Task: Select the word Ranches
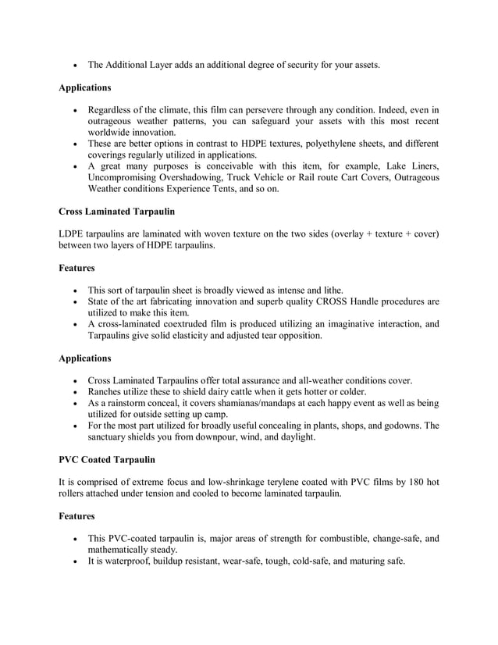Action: pyautogui.click(x=108, y=391)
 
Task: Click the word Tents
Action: pyautogui.click(x=235, y=189)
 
